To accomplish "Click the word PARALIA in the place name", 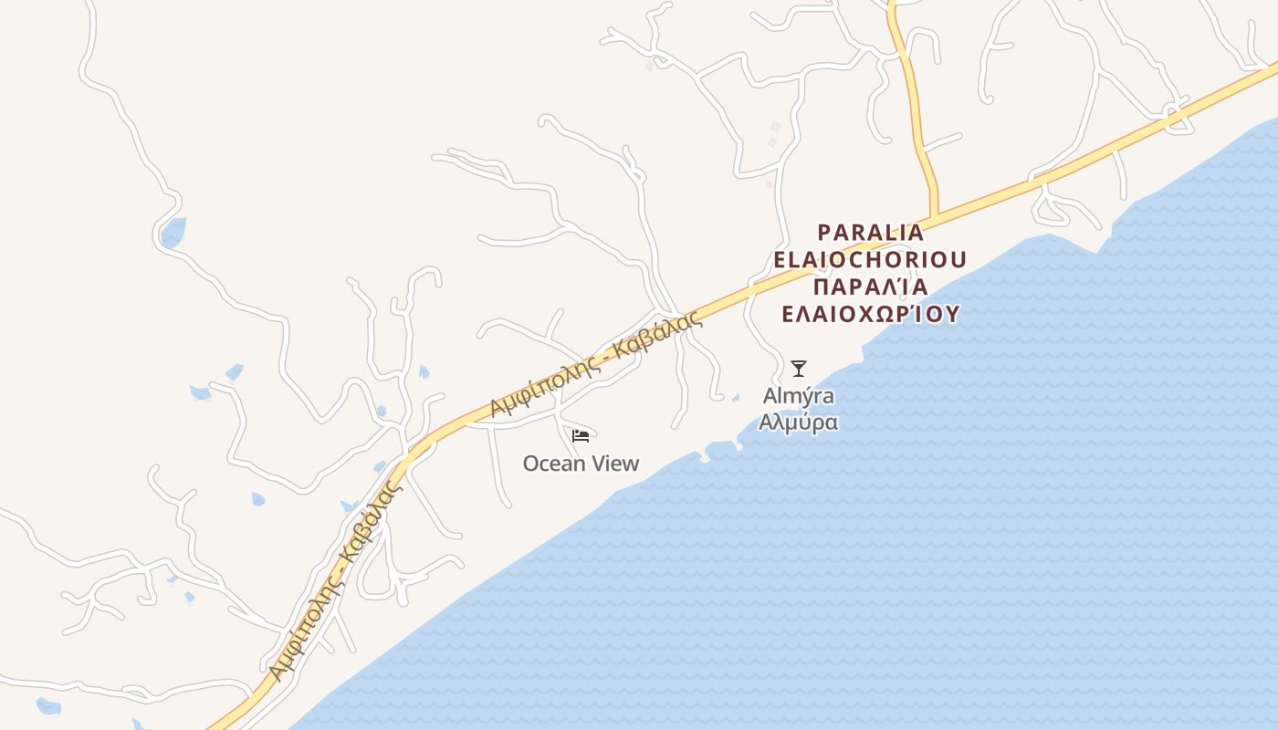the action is point(871,233).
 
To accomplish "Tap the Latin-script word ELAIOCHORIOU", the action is point(870,260).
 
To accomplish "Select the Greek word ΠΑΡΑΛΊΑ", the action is point(870,287).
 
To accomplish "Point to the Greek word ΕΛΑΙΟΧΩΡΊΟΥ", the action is point(871,315).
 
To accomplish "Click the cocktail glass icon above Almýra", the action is point(799,369).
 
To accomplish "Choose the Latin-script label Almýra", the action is point(799,397).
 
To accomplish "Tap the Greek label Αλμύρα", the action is point(799,423).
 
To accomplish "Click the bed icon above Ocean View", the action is point(581,435).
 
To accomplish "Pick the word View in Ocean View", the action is point(616,464).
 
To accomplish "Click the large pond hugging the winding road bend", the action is point(173,233).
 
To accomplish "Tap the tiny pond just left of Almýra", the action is point(735,398).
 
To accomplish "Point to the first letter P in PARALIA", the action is point(824,233).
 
